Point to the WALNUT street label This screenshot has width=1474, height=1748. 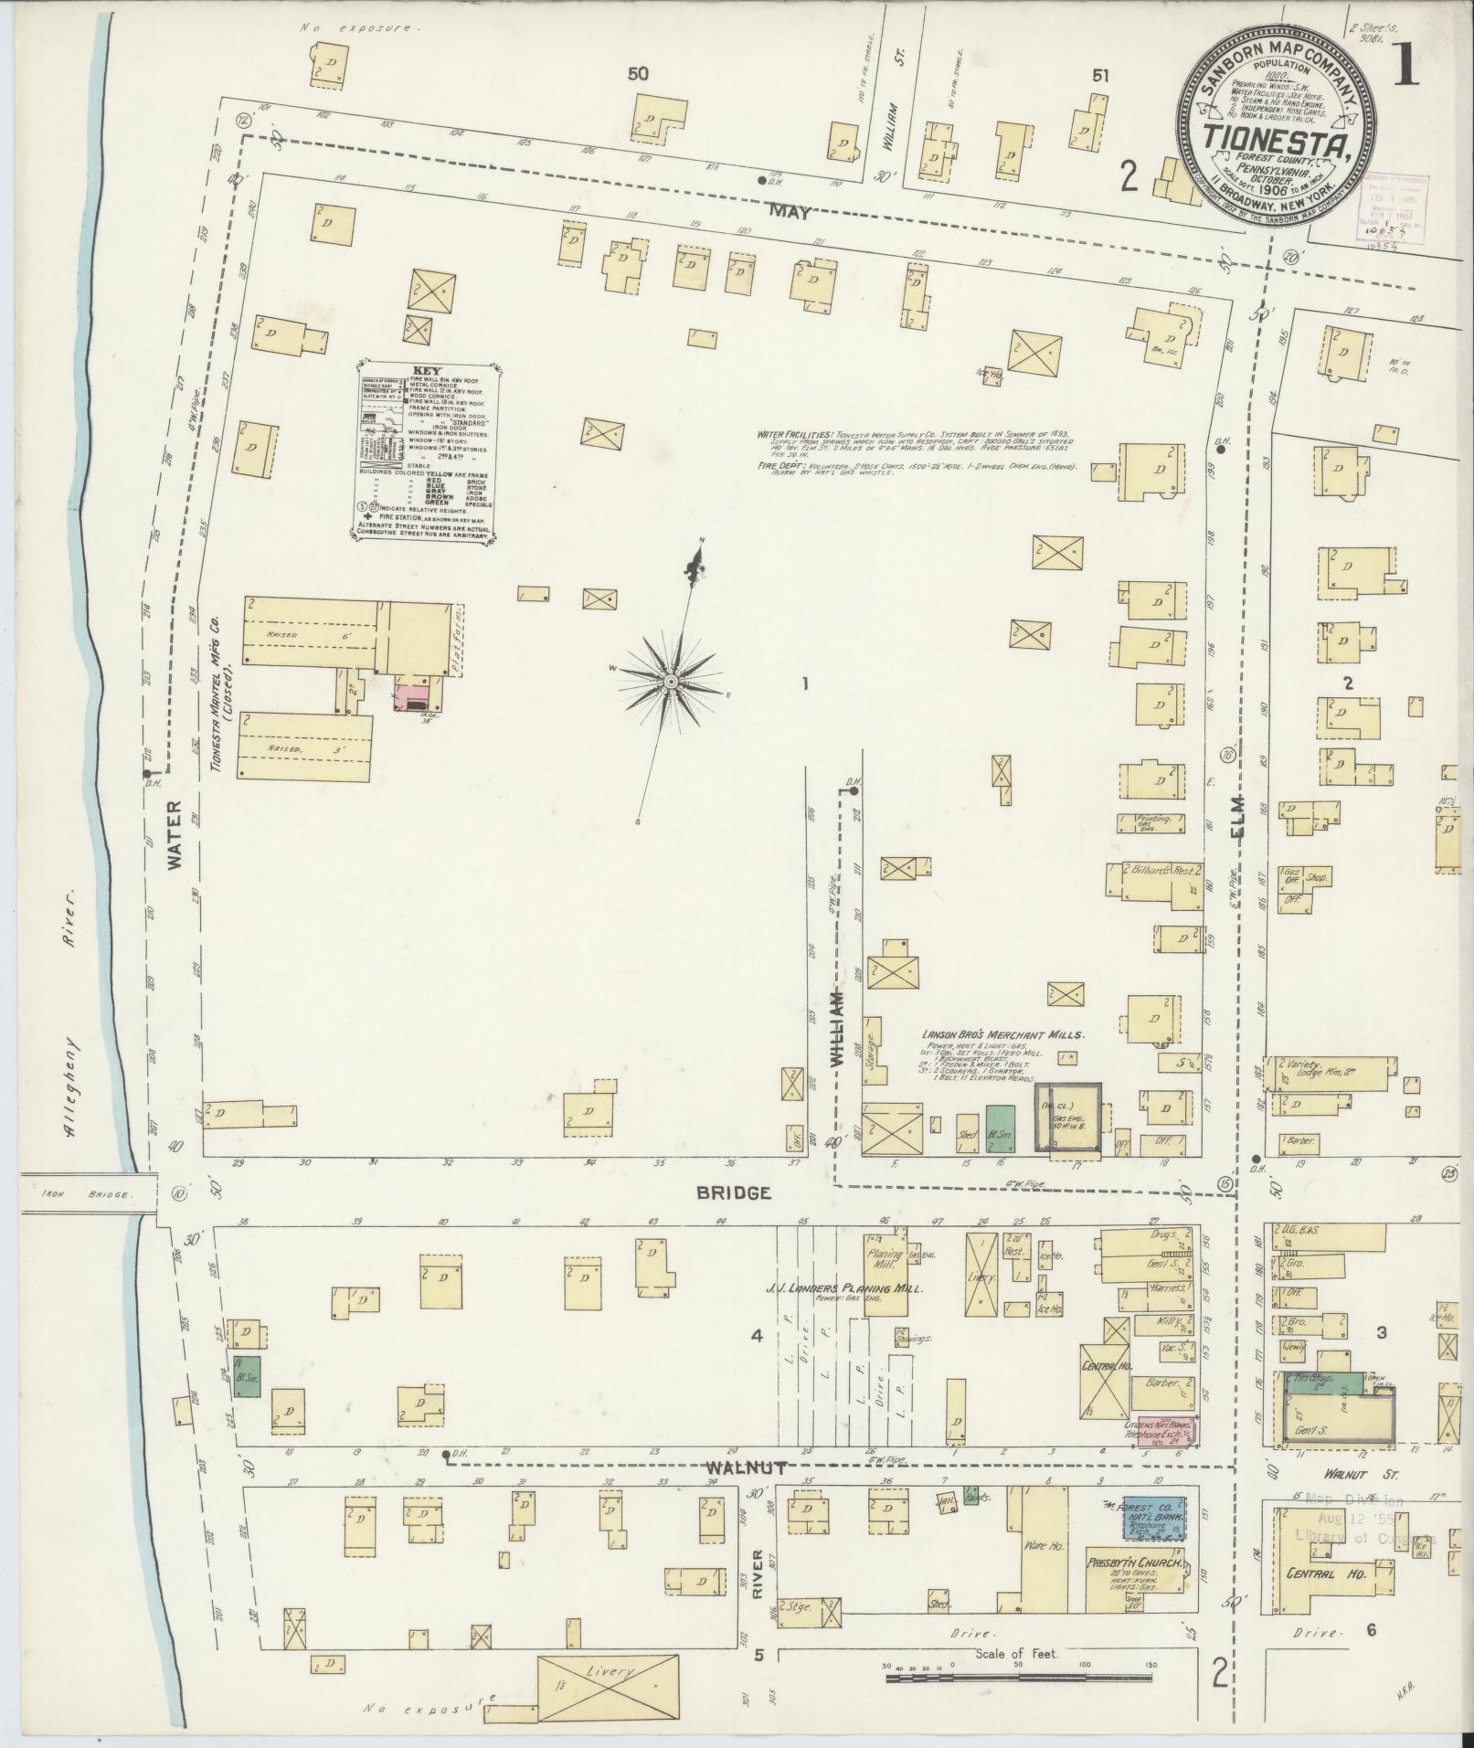click(748, 1467)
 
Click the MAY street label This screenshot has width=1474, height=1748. click(789, 211)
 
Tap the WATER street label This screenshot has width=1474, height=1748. click(175, 833)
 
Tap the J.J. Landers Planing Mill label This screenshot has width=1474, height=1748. click(844, 1287)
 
